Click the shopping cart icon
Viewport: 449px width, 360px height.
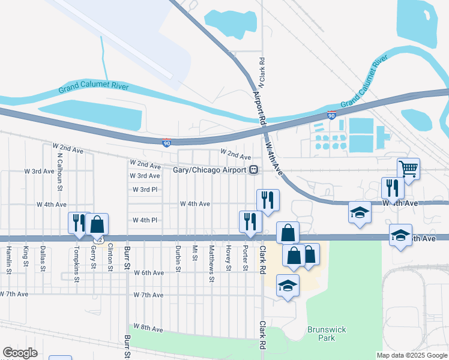point(408,169)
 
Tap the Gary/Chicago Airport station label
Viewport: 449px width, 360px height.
point(210,170)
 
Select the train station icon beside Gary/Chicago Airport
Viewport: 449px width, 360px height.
point(254,170)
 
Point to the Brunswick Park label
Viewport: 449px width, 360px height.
point(321,334)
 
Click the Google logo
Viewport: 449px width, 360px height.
point(20,353)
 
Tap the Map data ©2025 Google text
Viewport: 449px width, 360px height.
point(412,355)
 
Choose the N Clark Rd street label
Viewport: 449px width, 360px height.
point(262,71)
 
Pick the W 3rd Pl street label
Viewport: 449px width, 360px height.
point(145,190)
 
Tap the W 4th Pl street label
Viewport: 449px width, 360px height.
point(145,220)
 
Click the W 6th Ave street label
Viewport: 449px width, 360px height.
point(148,273)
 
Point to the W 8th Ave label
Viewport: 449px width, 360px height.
point(148,328)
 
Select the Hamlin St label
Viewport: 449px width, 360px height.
point(9,259)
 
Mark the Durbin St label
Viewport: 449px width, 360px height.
point(178,259)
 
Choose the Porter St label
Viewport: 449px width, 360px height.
point(246,257)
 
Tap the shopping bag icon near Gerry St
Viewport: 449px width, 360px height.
point(97,224)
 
